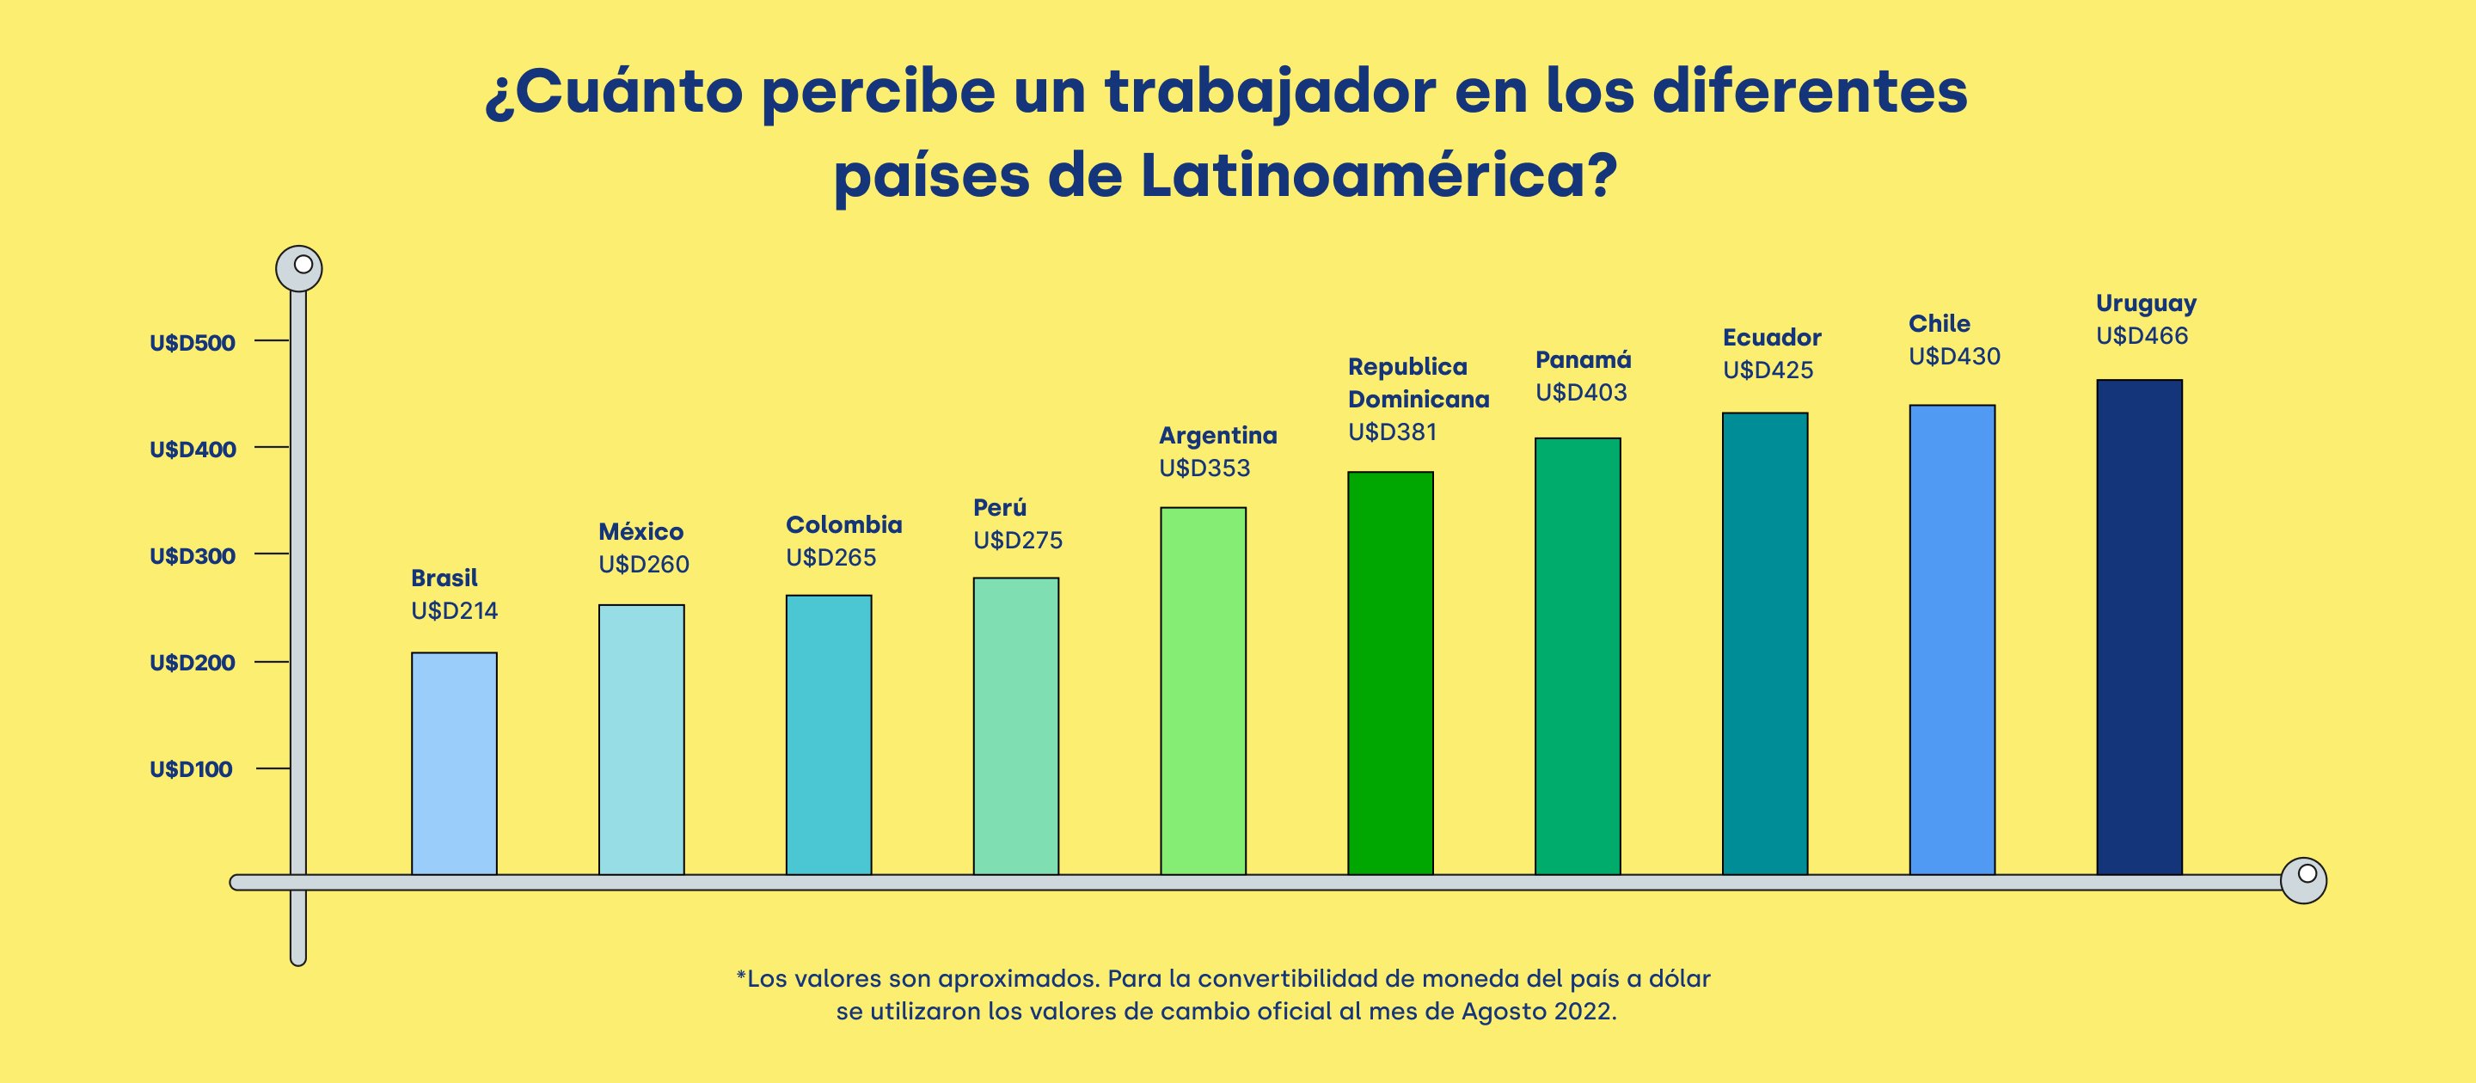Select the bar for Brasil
(x=454, y=763)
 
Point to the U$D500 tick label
(x=193, y=343)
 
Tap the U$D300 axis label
(x=193, y=556)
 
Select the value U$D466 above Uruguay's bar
(x=2142, y=336)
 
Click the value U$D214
(x=454, y=611)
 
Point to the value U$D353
(x=1204, y=469)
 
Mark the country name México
(x=640, y=531)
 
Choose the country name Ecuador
(x=1771, y=337)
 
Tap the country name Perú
(x=1000, y=507)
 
